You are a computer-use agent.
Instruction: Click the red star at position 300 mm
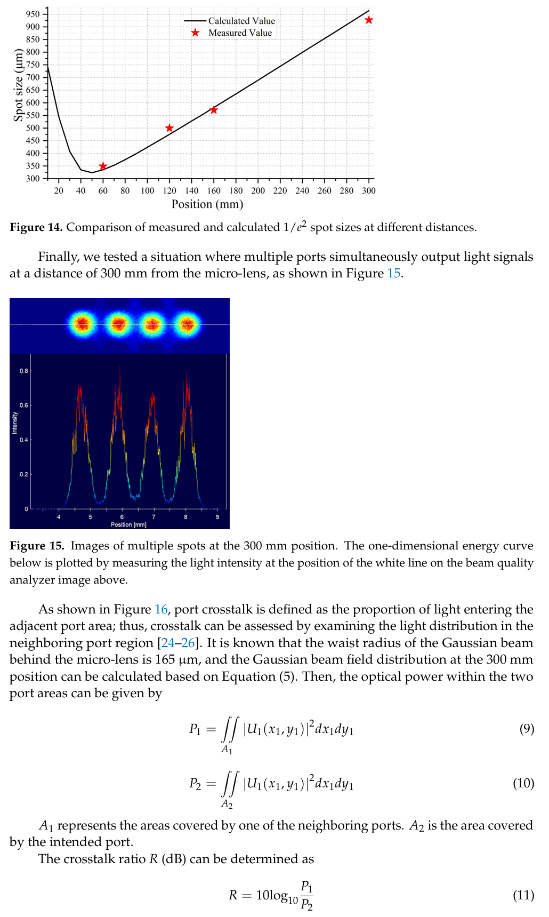[368, 20]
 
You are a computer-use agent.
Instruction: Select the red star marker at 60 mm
[103, 166]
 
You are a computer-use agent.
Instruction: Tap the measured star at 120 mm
[169, 128]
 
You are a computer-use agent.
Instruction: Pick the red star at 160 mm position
[214, 110]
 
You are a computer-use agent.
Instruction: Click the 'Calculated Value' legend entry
[241, 21]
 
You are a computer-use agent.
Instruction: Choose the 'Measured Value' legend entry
[240, 33]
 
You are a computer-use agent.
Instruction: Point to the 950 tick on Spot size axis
[33, 14]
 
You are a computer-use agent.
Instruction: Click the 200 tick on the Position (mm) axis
[258, 190]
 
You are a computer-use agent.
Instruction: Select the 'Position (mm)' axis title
[207, 204]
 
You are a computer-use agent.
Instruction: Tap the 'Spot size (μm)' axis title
[19, 85]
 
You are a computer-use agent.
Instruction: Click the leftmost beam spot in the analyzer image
[83, 323]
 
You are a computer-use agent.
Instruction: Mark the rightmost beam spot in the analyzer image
[187, 323]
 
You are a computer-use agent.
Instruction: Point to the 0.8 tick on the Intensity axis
[24, 371]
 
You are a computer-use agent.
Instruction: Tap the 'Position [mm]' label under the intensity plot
[128, 525]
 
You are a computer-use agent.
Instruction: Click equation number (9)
[526, 729]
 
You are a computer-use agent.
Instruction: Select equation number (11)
[523, 895]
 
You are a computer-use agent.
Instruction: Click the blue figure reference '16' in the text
[161, 610]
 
